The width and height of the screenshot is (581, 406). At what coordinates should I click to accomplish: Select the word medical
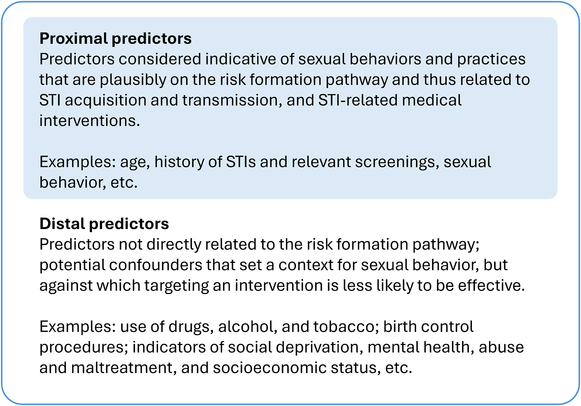point(432,100)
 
